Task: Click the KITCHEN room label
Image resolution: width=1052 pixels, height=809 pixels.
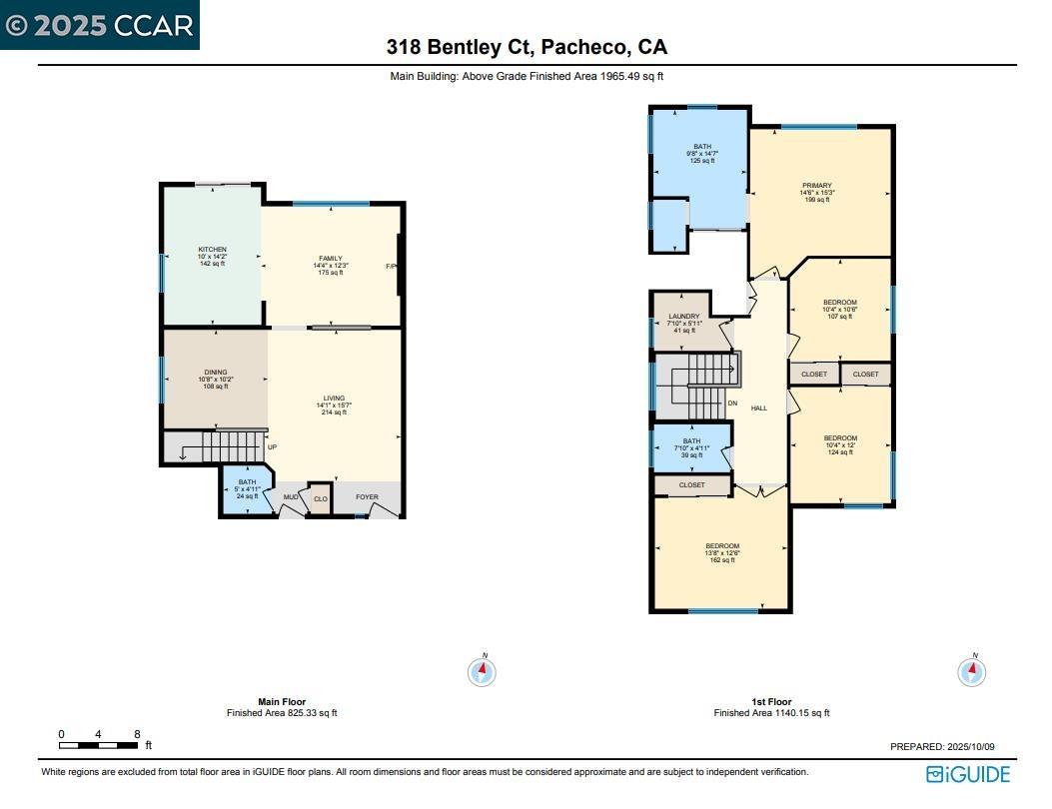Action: (212, 250)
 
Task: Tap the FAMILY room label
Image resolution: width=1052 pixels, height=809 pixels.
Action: (330, 259)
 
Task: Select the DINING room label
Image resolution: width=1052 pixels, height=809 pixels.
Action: (217, 373)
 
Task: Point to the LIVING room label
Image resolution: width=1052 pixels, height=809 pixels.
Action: (333, 398)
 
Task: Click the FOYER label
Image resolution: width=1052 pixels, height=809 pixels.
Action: (367, 496)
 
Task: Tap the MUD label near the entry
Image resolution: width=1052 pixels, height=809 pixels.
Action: (290, 496)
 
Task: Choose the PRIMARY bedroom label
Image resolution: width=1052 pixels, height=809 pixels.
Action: (816, 186)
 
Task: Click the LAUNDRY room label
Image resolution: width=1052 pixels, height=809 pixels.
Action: (684, 317)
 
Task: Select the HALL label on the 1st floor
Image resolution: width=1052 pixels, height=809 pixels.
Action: (759, 407)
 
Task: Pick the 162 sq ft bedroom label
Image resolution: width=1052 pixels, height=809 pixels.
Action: (722, 546)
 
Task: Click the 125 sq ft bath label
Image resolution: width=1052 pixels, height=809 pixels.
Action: (702, 147)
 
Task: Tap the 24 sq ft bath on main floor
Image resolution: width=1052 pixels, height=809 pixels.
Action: (247, 482)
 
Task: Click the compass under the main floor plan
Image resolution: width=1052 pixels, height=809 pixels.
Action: (482, 671)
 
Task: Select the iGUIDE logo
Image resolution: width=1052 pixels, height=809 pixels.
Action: (967, 774)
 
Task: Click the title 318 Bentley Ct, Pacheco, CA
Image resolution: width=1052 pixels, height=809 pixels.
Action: (526, 47)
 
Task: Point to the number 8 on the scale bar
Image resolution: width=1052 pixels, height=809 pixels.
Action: (136, 734)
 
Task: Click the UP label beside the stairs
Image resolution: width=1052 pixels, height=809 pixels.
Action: (272, 446)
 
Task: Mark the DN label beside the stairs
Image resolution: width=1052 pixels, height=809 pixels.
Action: (732, 404)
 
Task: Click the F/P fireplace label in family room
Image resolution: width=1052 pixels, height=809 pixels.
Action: (392, 267)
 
